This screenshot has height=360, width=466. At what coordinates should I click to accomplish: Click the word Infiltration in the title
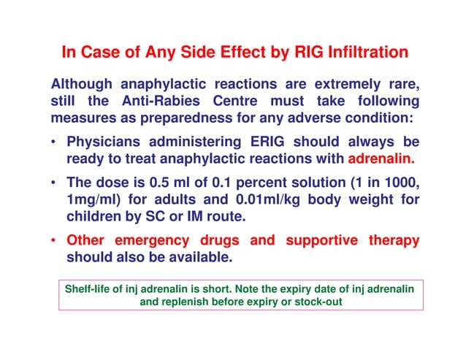click(368, 53)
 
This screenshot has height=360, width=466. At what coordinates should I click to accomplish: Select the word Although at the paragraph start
click(81, 83)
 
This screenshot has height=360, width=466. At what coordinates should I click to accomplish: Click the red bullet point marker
click(56, 241)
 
